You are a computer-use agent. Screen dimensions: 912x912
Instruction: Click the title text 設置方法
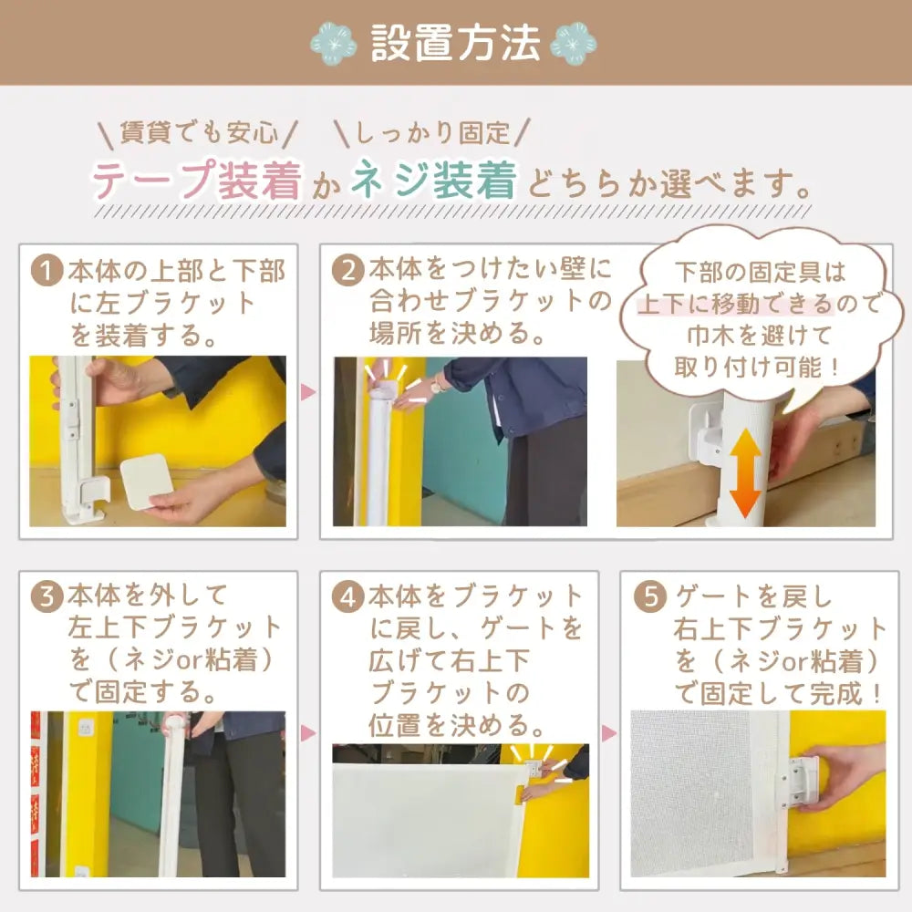[455, 42]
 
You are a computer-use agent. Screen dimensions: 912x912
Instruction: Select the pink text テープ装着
[196, 181]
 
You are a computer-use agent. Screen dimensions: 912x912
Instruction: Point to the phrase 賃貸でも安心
[198, 133]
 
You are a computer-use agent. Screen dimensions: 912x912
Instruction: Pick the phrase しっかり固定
[432, 133]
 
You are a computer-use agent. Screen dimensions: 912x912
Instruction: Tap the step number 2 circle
[347, 271]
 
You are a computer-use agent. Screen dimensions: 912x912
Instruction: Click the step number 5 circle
[650, 598]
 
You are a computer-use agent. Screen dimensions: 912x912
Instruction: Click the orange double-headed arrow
[746, 474]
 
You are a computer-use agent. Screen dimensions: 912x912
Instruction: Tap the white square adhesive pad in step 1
[145, 482]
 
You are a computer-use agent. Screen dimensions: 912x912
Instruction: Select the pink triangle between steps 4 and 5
[609, 732]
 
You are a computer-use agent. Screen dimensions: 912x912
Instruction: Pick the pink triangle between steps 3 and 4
[308, 732]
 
